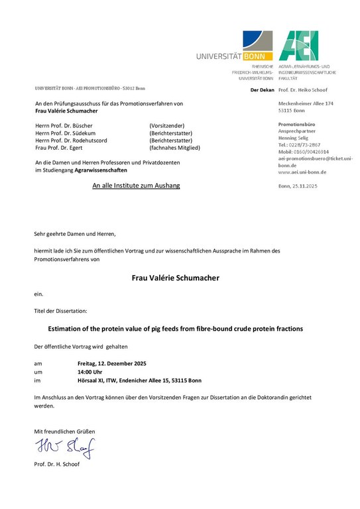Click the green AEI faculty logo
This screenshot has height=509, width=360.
pos(298,46)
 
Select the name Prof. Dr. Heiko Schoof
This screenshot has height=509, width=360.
pos(308,89)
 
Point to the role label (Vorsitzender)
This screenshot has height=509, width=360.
pos(167,125)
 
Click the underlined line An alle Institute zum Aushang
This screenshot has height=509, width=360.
pos(136,186)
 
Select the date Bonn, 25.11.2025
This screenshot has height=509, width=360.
pos(298,186)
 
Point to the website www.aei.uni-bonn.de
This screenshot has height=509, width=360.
pos(302,172)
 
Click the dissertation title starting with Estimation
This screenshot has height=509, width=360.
pos(176,328)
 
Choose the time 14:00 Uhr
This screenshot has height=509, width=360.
pos(90,372)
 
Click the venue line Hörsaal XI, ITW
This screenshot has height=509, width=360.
pos(139,380)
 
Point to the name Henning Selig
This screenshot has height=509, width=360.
pos(292,137)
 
